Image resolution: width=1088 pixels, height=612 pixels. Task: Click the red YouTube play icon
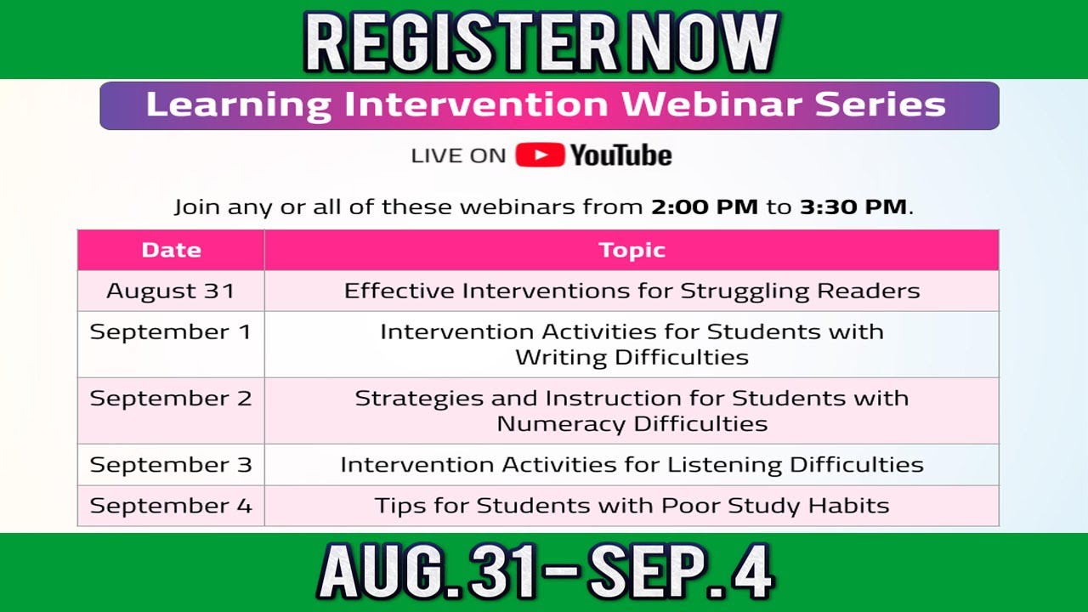pyautogui.click(x=540, y=155)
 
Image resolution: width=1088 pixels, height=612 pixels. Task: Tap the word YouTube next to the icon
pyautogui.click(x=620, y=156)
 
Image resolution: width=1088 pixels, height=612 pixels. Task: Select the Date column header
pyautogui.click(x=171, y=250)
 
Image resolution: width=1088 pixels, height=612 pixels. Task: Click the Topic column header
pyautogui.click(x=632, y=250)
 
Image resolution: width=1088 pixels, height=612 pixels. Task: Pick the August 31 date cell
pyautogui.click(x=171, y=291)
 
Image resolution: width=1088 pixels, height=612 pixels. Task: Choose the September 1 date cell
pyautogui.click(x=171, y=331)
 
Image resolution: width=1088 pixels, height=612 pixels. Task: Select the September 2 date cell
pyautogui.click(x=171, y=399)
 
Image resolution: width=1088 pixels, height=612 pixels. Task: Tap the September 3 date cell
pyautogui.click(x=171, y=465)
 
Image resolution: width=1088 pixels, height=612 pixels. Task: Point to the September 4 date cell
pyautogui.click(x=171, y=506)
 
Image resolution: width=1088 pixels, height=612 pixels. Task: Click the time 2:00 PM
pyautogui.click(x=705, y=207)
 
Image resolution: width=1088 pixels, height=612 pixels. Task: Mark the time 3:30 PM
pyautogui.click(x=853, y=207)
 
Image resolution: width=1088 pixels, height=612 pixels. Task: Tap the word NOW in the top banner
pyautogui.click(x=698, y=42)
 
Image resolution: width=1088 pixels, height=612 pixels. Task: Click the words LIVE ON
pyautogui.click(x=458, y=156)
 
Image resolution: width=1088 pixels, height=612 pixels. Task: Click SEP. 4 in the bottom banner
pyautogui.click(x=681, y=572)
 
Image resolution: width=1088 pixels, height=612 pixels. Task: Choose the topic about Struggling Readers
pyautogui.click(x=632, y=291)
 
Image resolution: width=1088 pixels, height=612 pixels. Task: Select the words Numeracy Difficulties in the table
pyautogui.click(x=632, y=423)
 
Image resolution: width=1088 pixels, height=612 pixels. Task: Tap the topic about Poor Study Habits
pyautogui.click(x=632, y=506)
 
